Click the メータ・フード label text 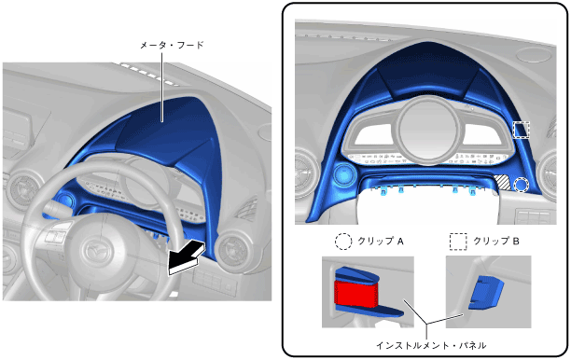(172, 45)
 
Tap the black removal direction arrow (187, 257)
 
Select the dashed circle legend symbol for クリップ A (343, 241)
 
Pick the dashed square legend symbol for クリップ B (458, 242)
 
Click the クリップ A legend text (381, 241)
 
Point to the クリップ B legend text (496, 241)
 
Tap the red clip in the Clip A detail (356, 293)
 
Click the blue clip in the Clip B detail (486, 293)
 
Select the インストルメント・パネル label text (431, 345)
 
